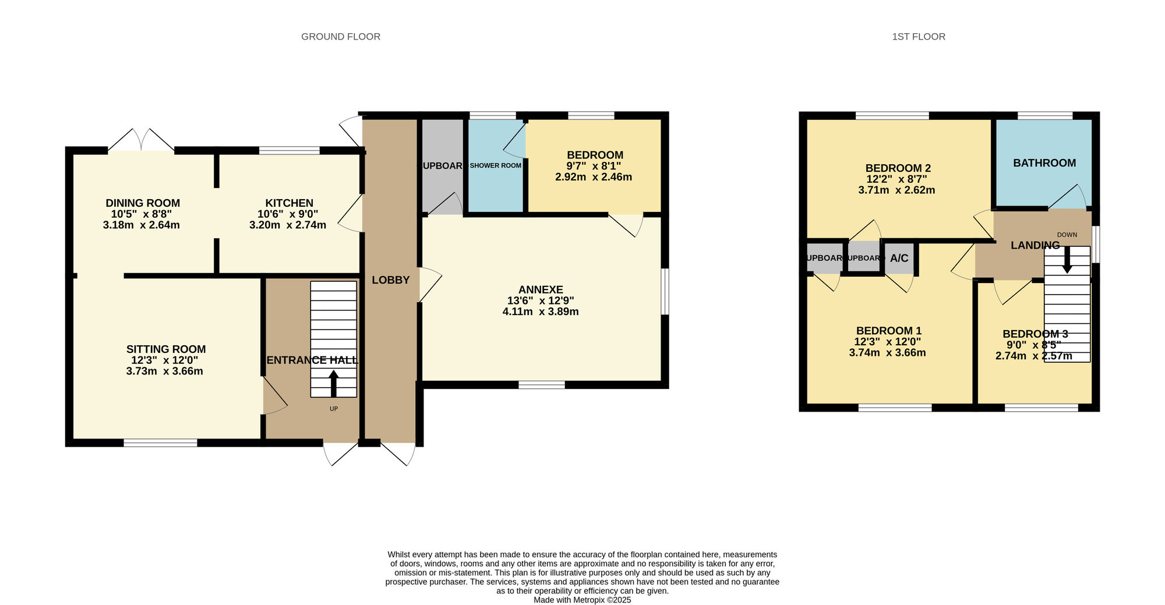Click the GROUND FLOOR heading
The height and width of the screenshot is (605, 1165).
click(341, 37)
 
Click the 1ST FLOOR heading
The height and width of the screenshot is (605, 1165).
click(919, 37)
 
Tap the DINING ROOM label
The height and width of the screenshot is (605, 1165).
click(143, 203)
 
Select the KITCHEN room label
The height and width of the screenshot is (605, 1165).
click(290, 203)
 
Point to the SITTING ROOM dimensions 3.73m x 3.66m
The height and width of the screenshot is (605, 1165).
click(165, 372)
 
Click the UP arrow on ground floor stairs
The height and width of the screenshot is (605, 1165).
click(334, 384)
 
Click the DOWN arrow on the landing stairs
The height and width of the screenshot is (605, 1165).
click(1067, 260)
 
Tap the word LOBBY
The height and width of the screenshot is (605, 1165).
click(391, 280)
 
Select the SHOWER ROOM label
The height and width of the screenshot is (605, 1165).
click(496, 166)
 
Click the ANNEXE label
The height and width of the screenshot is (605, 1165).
click(541, 289)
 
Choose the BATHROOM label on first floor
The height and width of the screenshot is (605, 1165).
click(1044, 163)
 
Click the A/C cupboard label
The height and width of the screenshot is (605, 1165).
click(899, 259)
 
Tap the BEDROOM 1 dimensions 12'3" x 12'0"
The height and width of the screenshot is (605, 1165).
click(888, 342)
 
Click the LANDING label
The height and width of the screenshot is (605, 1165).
click(1035, 245)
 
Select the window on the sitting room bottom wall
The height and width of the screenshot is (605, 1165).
click(160, 443)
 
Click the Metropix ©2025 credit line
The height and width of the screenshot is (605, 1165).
click(582, 600)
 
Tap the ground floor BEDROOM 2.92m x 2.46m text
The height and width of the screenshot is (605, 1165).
click(594, 177)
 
